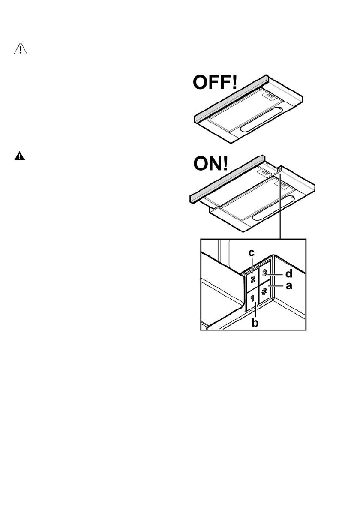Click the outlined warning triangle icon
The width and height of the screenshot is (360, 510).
pos(20,50)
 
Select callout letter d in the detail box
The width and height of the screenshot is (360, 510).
pos(289,273)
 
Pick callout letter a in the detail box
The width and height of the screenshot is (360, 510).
pos(289,285)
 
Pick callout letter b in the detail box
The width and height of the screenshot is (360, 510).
pos(255,322)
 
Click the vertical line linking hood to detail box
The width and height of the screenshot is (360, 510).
pos(279,206)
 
